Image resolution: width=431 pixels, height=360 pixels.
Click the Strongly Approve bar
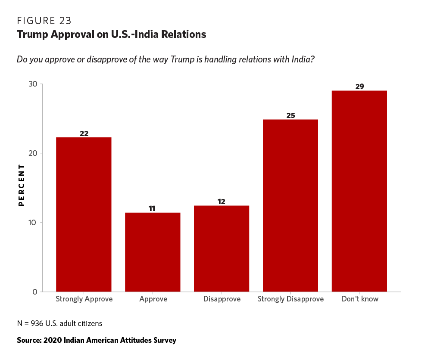pos(84,214)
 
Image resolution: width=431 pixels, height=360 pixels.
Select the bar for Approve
pos(153,252)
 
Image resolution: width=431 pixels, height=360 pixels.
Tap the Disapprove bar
pos(222,248)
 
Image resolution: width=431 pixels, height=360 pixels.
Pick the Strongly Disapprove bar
pos(290,205)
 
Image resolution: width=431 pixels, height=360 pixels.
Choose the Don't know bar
pos(359,191)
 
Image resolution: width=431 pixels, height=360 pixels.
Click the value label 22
pos(84,133)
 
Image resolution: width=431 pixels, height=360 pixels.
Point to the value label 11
pos(153,208)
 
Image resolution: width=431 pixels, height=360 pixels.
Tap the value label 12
pos(222,202)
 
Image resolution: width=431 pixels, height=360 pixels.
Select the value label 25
pos(290,115)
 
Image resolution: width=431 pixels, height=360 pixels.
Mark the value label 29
pos(359,87)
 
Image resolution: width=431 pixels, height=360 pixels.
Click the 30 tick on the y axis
pos(32,84)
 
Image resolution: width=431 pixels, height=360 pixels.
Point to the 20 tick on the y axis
pos(32,153)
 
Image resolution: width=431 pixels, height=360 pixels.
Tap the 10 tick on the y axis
pos(32,223)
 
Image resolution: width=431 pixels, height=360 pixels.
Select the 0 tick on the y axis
pos(35,292)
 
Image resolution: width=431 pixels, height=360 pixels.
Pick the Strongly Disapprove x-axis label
pos(290,299)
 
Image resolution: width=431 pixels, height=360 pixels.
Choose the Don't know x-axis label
pos(359,299)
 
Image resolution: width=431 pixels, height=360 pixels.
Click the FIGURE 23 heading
pos(44,21)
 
